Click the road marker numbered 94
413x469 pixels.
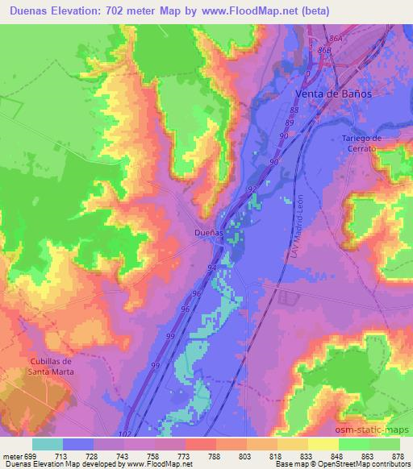[212, 267]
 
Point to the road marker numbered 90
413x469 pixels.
[273, 162]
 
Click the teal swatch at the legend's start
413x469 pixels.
[48, 444]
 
